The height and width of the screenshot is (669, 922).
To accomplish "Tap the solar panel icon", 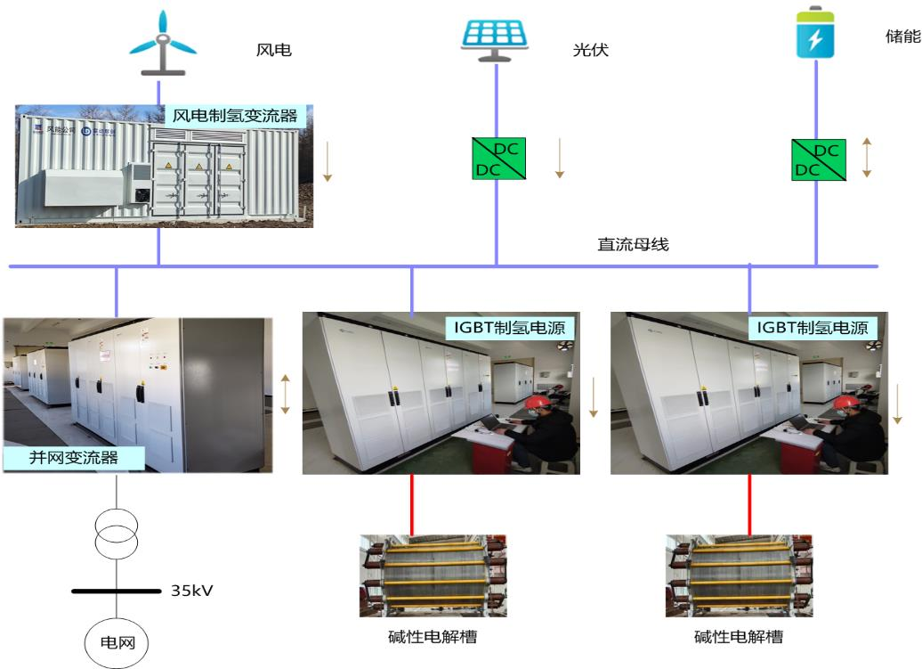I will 496,38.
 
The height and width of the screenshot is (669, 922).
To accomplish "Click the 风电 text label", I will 273,50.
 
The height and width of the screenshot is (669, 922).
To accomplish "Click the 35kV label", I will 191,591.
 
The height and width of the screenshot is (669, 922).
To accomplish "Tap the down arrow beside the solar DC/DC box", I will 559,158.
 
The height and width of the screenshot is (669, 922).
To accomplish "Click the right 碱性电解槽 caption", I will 738,637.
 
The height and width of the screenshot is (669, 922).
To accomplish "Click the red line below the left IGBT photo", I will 411,502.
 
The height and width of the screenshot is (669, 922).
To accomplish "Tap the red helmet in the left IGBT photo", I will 537,405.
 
